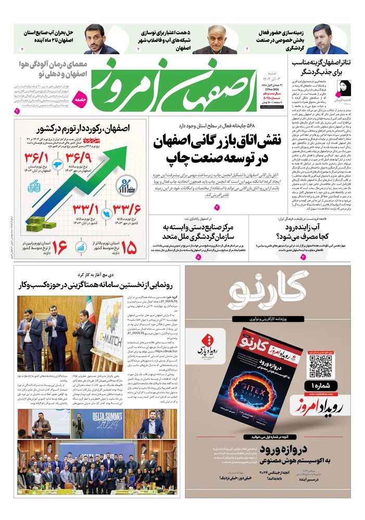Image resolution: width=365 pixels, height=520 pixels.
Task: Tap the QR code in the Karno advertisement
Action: pos(320,366)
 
